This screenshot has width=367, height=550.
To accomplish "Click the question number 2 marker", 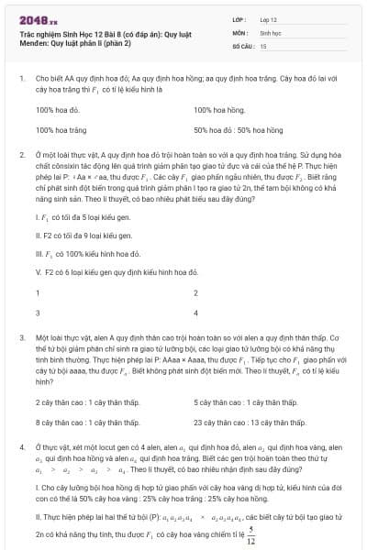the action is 21,157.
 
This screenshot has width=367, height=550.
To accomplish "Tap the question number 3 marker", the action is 21,337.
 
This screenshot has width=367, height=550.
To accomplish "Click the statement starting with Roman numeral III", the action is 83,252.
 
